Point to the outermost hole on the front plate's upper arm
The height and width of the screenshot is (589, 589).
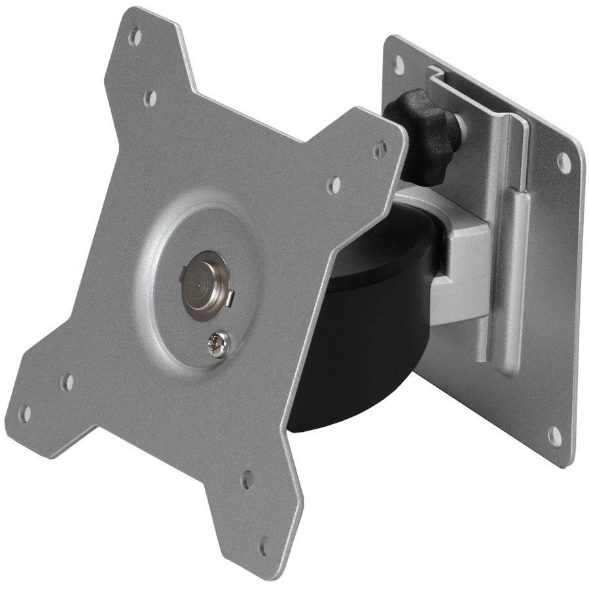(135, 36)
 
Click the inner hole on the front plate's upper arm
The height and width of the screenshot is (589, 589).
(150, 98)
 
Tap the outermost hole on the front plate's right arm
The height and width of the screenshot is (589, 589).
(379, 150)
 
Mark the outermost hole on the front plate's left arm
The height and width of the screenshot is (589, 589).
(24, 412)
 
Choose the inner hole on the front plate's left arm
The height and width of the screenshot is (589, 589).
(66, 382)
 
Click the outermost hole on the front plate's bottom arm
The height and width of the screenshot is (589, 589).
(264, 545)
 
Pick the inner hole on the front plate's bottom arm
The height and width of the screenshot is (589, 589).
(247, 480)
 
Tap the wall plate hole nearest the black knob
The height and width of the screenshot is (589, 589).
(398, 63)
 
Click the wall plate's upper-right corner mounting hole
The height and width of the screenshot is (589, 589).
(563, 161)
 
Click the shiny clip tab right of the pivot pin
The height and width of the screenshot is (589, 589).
(230, 298)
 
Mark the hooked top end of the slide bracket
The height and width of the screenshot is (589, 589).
(435, 74)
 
